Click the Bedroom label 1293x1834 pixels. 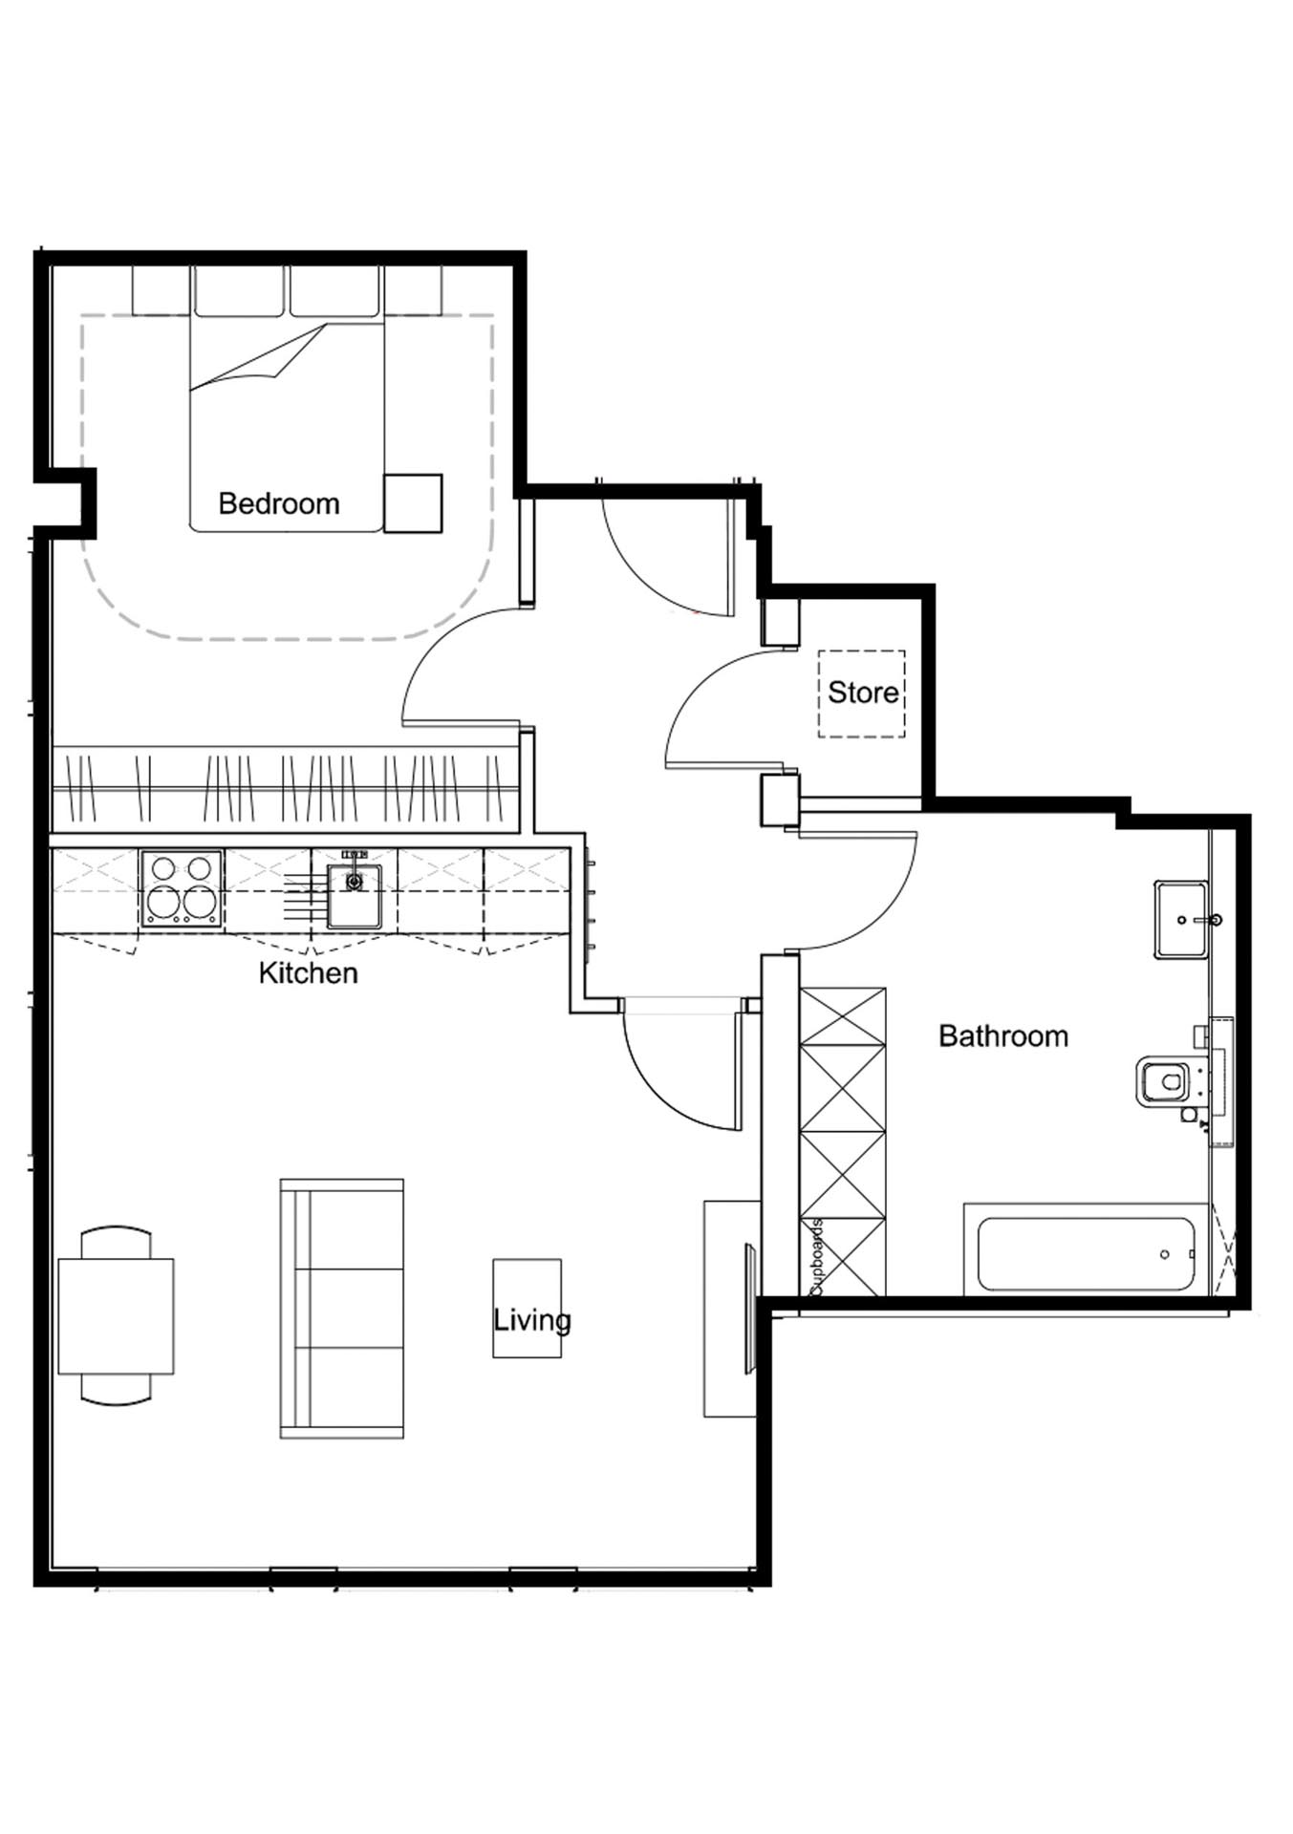tap(279, 503)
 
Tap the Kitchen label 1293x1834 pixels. tap(308, 973)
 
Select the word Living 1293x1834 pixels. tap(532, 1321)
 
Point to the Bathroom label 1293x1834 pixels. tap(1003, 1036)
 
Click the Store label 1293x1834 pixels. tap(863, 693)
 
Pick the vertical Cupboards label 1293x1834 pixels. tap(816, 1257)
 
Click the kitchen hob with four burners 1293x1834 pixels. tap(183, 889)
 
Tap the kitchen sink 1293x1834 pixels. tap(354, 896)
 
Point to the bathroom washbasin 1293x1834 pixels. tap(1182, 919)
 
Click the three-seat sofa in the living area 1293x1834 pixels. tap(341, 1308)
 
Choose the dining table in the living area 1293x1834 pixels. tap(116, 1316)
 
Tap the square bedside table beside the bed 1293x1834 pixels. tap(413, 503)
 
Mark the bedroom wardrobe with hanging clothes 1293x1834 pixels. tap(284, 789)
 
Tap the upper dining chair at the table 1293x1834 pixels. tap(116, 1243)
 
